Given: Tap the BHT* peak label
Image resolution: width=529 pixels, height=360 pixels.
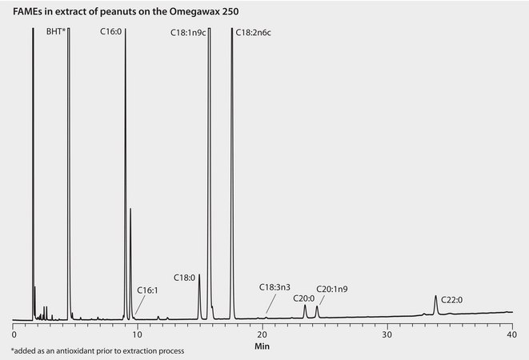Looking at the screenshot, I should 55,33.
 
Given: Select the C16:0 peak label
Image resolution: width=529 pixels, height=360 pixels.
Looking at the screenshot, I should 111,33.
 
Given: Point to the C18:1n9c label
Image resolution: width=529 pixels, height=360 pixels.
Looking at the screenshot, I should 187,33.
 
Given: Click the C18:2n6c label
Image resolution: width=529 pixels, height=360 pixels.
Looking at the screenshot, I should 253,33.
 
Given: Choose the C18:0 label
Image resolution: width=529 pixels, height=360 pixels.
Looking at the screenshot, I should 185,277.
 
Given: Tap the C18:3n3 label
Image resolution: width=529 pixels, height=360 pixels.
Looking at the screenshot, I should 275,286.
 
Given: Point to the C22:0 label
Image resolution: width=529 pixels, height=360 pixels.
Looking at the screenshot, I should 452,300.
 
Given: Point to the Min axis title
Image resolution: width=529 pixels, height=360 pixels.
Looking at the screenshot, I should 262,347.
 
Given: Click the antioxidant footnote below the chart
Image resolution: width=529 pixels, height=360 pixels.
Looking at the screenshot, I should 98,351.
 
